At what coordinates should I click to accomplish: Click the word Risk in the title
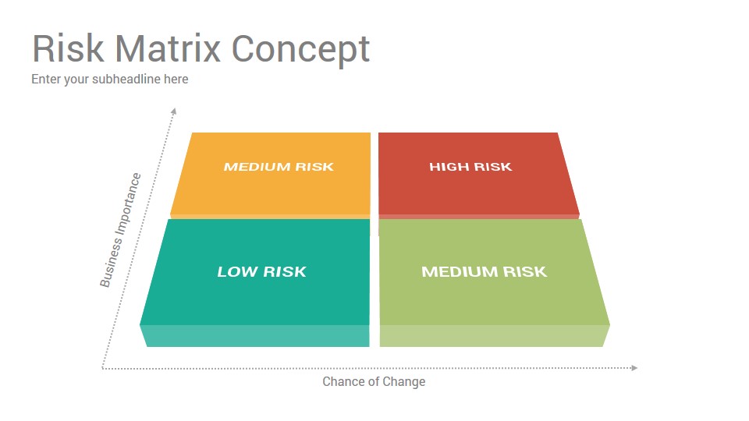pos(68,48)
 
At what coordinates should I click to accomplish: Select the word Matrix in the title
pos(168,48)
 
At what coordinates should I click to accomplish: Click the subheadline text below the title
pos(110,80)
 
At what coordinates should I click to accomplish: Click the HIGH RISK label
pos(470,167)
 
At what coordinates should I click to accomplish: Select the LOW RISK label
pos(262,271)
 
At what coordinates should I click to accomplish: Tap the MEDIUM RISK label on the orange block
pos(279,167)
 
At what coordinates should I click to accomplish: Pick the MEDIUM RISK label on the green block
pos(484,271)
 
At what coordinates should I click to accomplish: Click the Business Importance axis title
pos(120,230)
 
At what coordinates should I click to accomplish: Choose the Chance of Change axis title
pos(374,382)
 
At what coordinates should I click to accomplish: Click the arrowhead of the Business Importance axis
pos(174,111)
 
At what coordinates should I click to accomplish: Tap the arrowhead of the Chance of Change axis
pos(635,368)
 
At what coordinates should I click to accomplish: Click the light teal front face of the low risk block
pos(254,335)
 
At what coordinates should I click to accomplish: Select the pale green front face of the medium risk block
pos(495,335)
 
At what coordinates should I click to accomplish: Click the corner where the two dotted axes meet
pos(102,368)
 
